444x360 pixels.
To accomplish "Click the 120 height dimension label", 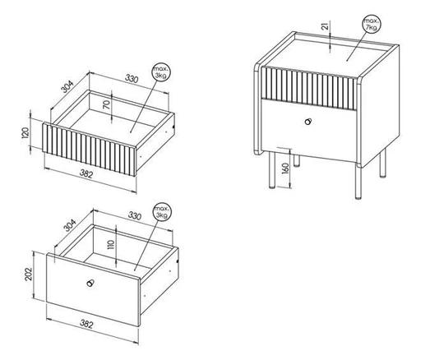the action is (x=25, y=132).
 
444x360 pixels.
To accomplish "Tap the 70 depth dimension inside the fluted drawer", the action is (x=106, y=105).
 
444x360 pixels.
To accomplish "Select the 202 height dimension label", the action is (x=28, y=274).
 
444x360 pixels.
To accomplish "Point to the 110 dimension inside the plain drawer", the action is (x=111, y=244).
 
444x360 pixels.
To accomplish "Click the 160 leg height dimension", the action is (x=285, y=168).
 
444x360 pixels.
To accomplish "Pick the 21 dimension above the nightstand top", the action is (x=326, y=26).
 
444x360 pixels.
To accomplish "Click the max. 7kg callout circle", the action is (x=372, y=24).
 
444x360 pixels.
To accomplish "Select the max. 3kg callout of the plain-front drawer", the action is (x=162, y=212).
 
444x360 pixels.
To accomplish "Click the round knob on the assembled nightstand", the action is (x=308, y=122).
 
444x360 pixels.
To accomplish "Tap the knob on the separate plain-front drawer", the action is (x=90, y=283).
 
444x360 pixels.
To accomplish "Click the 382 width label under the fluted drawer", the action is (x=86, y=173).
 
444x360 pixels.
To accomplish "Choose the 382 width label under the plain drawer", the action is (x=86, y=324).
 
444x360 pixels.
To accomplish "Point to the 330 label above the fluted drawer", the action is (x=132, y=78).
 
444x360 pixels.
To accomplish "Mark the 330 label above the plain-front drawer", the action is (x=135, y=215).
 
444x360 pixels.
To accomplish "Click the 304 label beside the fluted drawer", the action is (x=67, y=86).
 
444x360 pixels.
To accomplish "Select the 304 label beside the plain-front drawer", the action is (x=70, y=225).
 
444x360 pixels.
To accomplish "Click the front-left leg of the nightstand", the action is (x=272, y=170).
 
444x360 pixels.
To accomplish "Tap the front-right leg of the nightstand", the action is (x=358, y=182).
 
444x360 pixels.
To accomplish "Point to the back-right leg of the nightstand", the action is (x=382, y=164).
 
